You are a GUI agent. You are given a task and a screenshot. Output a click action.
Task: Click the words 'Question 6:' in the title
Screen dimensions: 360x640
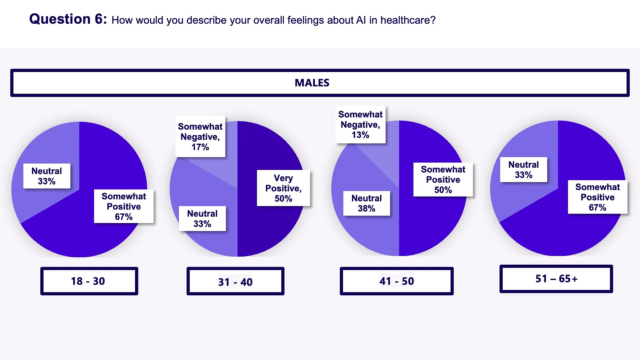[68, 19]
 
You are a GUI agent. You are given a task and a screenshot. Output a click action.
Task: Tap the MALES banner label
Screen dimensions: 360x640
[312, 83]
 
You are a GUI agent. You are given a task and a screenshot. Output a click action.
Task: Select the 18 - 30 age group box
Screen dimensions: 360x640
[89, 281]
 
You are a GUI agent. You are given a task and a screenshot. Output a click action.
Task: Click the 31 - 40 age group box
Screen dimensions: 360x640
[235, 282]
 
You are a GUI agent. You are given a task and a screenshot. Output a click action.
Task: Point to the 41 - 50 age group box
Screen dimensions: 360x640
[396, 281]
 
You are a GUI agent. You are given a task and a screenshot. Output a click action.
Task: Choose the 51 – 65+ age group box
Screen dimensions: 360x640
[556, 279]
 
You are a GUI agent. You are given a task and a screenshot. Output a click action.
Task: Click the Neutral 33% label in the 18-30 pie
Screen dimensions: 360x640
[47, 176]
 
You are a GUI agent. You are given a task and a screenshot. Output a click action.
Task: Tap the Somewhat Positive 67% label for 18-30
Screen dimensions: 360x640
[124, 206]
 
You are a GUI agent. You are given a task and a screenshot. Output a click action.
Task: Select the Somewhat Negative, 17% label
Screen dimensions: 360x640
[200, 137]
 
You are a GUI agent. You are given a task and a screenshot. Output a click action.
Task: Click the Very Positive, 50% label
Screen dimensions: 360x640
[283, 188]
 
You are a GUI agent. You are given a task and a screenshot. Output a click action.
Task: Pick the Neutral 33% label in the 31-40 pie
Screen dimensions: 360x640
[202, 218]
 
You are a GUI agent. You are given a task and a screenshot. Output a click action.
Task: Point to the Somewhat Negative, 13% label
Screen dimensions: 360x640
[360, 125]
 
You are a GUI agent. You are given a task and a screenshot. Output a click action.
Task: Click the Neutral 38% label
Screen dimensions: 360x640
[366, 203]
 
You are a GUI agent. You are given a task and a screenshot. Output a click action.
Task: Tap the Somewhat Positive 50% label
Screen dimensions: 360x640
[443, 179]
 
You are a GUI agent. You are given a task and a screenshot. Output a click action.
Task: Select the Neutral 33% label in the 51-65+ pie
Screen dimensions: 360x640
[523, 169]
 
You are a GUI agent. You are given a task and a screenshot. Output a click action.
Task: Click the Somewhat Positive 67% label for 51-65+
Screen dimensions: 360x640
[597, 197]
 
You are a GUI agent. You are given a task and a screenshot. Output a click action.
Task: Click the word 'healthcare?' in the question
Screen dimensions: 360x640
[408, 20]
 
